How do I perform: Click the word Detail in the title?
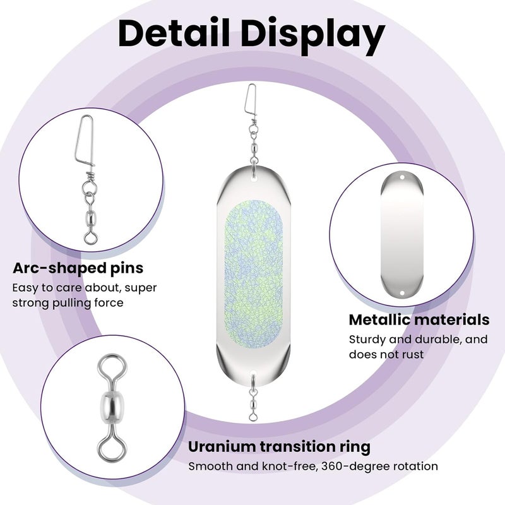[174, 33]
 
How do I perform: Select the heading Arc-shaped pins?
[78, 268]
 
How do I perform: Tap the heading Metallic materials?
[419, 320]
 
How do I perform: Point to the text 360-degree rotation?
[379, 466]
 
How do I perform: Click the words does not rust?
[386, 354]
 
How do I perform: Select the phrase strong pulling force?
[68, 303]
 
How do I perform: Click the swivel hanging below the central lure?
[254, 397]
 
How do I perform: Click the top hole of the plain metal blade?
[402, 177]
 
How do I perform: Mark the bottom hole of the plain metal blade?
[402, 293]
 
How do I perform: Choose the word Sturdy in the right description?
[367, 340]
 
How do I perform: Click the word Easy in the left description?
[25, 288]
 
